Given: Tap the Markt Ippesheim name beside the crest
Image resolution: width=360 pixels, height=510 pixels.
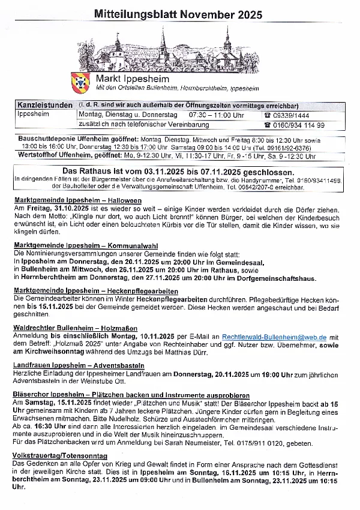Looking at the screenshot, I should pos(133,79).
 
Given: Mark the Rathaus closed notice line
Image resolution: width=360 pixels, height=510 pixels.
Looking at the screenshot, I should pos(180,171).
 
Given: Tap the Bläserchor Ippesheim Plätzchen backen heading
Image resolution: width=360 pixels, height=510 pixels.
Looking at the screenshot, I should pos(131,395).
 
